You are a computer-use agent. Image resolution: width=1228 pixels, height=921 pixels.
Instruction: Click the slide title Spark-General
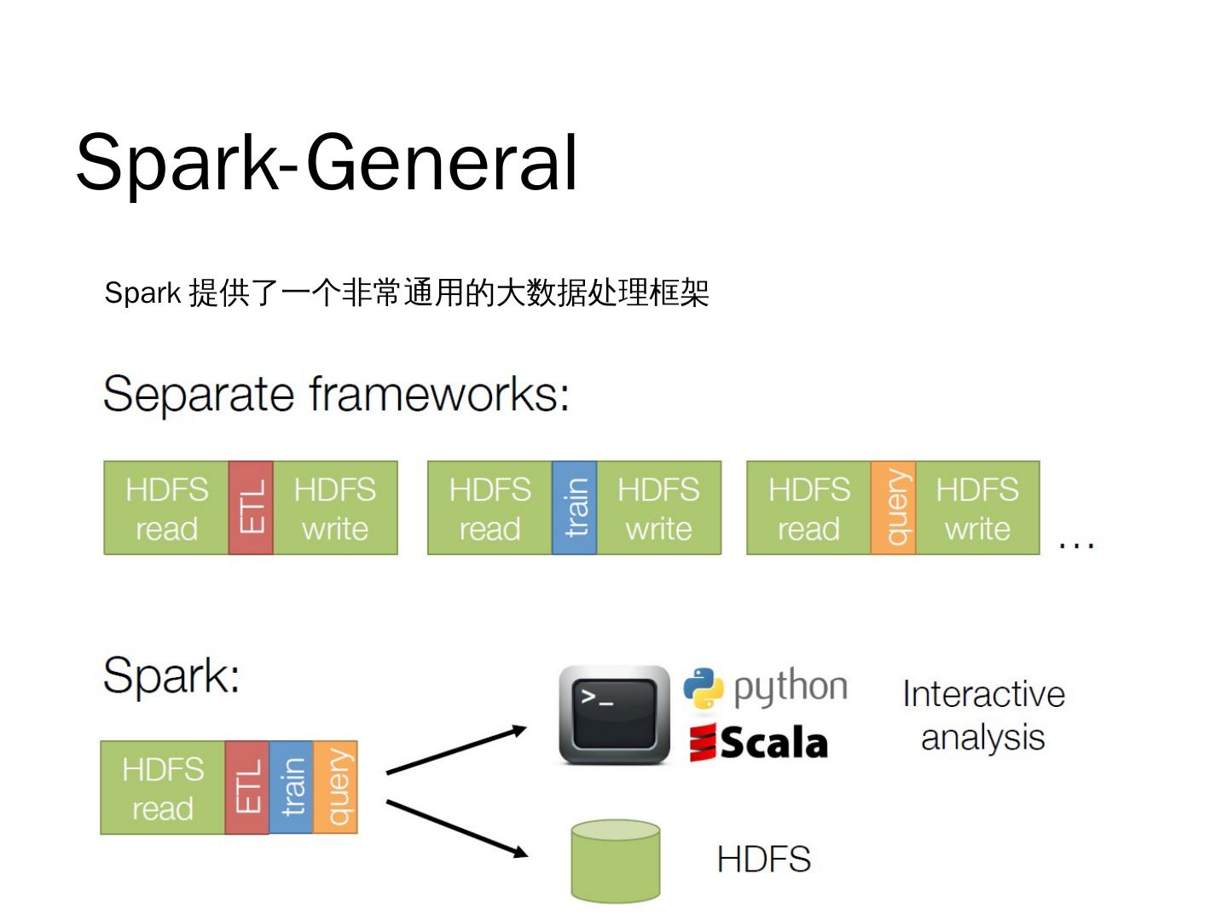point(327,162)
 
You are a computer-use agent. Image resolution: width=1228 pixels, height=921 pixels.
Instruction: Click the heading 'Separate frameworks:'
point(336,394)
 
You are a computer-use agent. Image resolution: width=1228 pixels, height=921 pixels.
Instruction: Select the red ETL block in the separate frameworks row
point(251,508)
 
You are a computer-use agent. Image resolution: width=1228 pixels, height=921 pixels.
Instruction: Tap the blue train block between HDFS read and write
point(575,508)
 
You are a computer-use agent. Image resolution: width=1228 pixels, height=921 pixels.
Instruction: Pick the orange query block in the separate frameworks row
point(893,508)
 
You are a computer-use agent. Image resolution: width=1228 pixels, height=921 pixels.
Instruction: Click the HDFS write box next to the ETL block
point(335,508)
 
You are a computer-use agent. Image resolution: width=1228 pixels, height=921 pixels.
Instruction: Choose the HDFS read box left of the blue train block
point(489,508)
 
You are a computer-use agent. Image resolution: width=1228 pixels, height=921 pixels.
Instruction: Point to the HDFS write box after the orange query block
point(977,508)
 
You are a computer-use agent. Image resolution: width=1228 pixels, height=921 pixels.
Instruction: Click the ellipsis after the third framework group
point(1076,543)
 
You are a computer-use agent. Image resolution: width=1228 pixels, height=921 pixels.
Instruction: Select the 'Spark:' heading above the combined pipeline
point(171,675)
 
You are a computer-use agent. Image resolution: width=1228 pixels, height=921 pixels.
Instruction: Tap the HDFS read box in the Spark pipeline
point(163,788)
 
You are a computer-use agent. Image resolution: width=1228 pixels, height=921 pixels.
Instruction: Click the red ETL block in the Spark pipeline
point(247,788)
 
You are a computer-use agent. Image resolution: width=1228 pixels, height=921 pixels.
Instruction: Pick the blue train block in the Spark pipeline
point(291,788)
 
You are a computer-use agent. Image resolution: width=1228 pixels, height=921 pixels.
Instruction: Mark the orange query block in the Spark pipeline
point(335,788)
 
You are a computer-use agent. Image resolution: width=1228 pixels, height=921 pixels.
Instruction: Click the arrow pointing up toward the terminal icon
point(456,750)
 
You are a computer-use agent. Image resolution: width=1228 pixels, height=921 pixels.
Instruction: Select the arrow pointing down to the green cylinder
point(456,827)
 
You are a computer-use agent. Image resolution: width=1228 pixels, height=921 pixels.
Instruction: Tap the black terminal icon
point(614,715)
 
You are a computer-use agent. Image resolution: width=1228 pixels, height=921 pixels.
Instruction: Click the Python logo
point(704,688)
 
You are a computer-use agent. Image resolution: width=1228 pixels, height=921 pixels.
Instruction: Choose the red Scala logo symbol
point(703,743)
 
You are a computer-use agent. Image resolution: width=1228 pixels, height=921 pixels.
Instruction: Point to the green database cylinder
point(616,860)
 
